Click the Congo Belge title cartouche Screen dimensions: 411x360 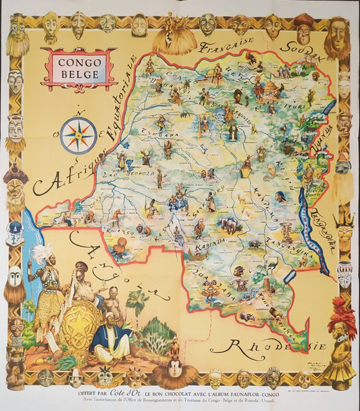[78, 69]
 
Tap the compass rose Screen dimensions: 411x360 [78, 135]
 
